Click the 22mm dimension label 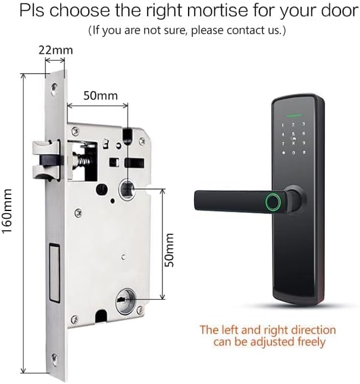coord(54,51)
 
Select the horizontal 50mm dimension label coord(100,95)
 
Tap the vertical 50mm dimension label coord(170,250)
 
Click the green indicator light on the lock coord(293,115)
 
